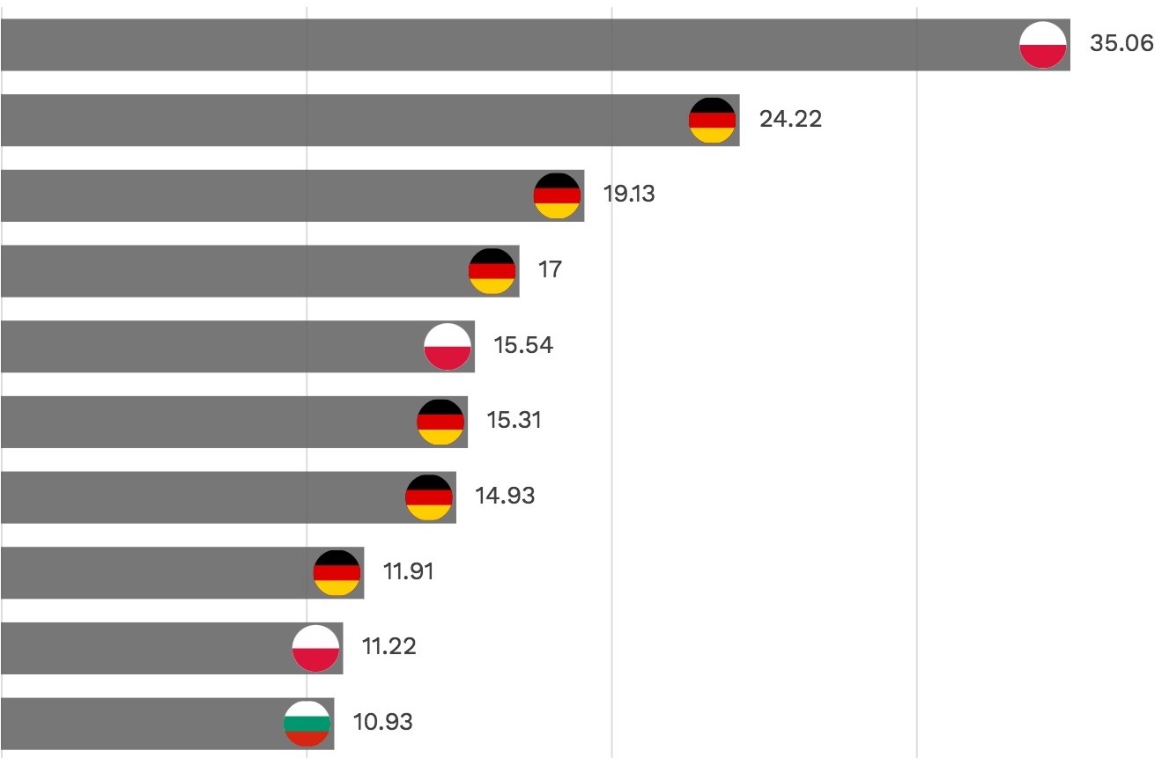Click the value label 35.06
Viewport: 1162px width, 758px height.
click(x=1121, y=44)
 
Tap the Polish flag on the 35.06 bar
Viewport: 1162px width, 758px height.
click(x=1043, y=44)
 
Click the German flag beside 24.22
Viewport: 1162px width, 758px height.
click(x=712, y=120)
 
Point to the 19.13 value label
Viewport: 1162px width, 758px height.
click(x=628, y=195)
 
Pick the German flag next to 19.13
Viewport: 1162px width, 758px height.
click(x=557, y=195)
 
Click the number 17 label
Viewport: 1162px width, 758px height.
click(x=550, y=269)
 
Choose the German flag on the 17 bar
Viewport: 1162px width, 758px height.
click(x=492, y=270)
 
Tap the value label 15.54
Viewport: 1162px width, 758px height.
click(x=523, y=345)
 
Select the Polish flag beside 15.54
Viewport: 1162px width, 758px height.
click(x=448, y=346)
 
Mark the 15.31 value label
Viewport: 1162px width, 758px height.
click(x=514, y=421)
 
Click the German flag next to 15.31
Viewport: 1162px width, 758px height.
click(x=440, y=422)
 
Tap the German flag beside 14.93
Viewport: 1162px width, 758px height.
click(x=429, y=497)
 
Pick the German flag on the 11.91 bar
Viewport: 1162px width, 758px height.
click(x=337, y=573)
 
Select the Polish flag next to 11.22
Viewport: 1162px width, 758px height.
click(x=315, y=648)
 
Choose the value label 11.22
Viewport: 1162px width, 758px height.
click(x=389, y=647)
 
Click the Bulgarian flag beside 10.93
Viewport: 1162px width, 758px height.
click(x=307, y=723)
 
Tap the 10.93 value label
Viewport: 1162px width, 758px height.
click(x=382, y=723)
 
